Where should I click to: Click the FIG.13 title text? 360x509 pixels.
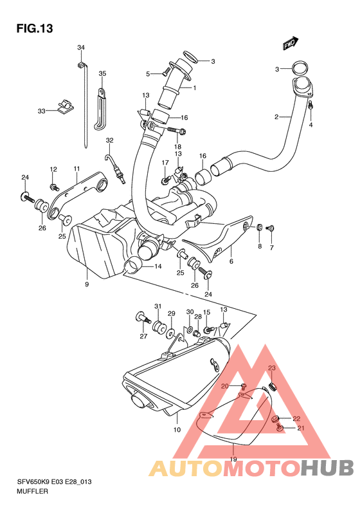coord(34,28)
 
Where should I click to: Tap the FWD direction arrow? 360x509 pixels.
coord(289,44)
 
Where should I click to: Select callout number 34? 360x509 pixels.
coord(81,48)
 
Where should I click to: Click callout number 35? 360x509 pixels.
coord(102,73)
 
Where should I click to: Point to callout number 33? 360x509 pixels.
coord(41,111)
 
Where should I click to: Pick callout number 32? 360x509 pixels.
coord(109,140)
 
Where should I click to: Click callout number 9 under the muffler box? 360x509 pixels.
coord(86,283)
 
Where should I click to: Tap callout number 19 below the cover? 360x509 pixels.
coord(233,459)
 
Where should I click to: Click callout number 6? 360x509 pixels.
coord(231,261)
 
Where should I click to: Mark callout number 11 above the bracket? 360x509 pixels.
coord(76,169)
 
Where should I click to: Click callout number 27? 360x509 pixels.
coord(144,335)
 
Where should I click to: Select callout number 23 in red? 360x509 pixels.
coord(272,368)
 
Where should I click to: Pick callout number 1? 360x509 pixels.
coord(194,88)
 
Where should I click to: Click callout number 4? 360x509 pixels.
coord(310,124)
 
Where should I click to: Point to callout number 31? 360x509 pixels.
coord(157,306)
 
